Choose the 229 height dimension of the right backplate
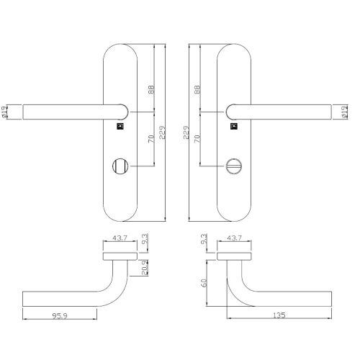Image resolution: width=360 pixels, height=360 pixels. (x=186, y=134)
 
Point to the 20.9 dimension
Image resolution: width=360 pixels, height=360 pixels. (x=145, y=268)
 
